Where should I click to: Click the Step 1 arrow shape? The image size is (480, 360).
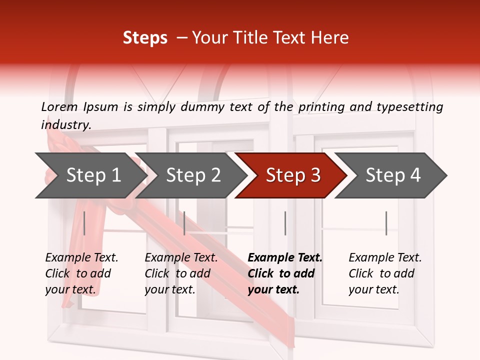90,175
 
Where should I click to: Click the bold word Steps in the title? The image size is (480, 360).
145,37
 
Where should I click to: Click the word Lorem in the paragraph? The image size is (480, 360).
59,106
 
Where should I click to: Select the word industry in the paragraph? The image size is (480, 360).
65,124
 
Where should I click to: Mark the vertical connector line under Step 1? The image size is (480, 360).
84,223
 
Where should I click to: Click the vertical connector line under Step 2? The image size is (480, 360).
184,223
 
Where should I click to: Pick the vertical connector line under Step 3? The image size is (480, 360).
285,223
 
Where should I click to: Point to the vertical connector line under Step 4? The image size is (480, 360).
386,223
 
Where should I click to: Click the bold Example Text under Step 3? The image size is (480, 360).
285,258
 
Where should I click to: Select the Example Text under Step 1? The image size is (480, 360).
81,258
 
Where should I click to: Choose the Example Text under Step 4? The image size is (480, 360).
385,258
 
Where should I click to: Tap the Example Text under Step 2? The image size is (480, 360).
181,258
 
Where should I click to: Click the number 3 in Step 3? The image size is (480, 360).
315,175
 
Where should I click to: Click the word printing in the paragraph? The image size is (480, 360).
323,106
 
